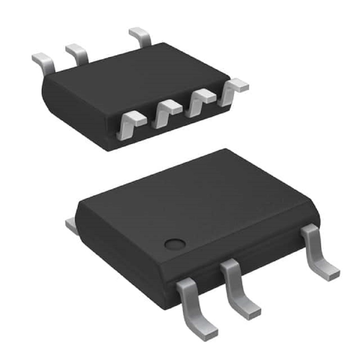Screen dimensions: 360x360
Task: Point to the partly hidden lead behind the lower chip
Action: point(71,225)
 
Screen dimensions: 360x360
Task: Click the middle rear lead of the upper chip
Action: point(78,54)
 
